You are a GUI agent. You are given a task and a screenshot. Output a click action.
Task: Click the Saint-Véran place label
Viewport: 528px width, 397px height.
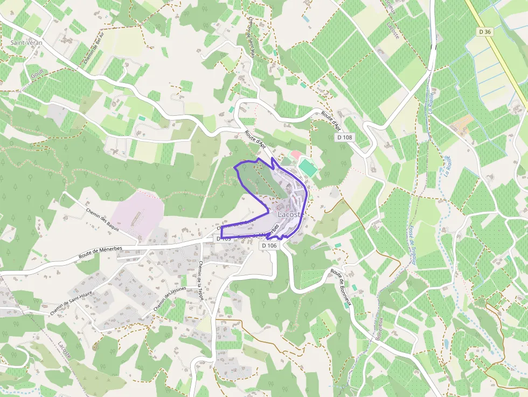pyautogui.click(x=26, y=42)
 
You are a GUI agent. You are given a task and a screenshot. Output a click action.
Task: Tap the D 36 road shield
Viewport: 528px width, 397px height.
pyautogui.click(x=485, y=32)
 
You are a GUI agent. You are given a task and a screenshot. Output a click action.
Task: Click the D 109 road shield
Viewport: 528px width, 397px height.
pyautogui.click(x=226, y=238)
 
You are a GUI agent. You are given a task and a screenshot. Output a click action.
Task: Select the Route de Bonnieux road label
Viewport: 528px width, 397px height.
pyautogui.click(x=341, y=287)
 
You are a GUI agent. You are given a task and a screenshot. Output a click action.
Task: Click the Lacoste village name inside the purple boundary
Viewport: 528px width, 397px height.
pyautogui.click(x=291, y=214)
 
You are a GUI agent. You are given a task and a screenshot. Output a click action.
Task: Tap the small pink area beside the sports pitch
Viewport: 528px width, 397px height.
pyautogui.click(x=296, y=155)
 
